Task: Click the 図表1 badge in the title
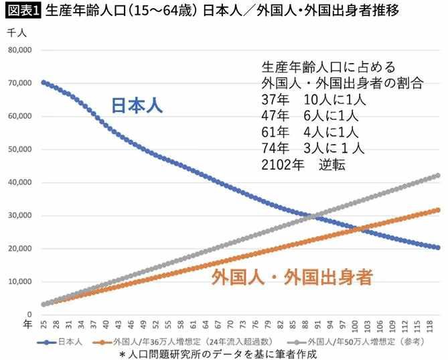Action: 22,11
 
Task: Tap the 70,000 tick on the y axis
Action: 19,83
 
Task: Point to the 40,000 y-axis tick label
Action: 19,182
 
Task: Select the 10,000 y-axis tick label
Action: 19,282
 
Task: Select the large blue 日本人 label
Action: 137,105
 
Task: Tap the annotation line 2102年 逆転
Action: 304,164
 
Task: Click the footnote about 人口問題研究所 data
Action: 217,353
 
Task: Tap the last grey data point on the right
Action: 438,175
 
